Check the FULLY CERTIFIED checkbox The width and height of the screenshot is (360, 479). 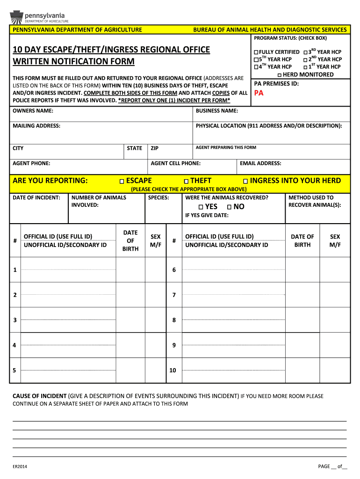tap(256, 52)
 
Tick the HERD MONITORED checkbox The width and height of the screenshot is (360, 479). tap(279, 75)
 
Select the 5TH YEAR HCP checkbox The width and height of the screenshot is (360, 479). tap(256, 59)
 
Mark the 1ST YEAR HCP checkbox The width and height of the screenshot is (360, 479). tap(305, 67)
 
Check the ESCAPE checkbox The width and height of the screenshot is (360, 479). tap(122, 181)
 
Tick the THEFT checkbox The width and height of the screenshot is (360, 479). tap(186, 181)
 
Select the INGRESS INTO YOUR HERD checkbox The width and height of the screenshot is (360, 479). tap(245, 181)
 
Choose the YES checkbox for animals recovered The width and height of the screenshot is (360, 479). tap(201, 207)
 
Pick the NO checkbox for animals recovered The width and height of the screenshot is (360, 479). tap(229, 207)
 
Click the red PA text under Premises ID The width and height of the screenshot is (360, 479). tap(259, 93)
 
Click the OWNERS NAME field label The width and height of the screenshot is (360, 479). tap(33, 111)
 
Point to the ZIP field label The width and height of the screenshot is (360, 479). tap(155, 148)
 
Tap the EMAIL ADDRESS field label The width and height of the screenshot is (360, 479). tap(260, 163)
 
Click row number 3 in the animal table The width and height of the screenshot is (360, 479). tap(15, 320)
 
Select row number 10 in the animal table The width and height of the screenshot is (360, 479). tap(173, 370)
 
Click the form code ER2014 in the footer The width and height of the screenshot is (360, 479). tap(20, 466)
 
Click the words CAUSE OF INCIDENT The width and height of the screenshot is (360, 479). tap(39, 396)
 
